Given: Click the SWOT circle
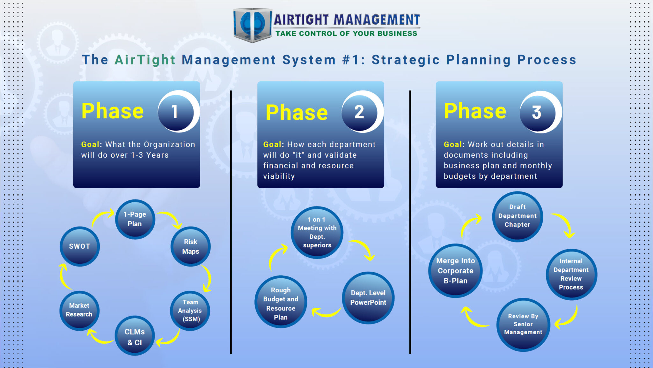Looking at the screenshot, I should point(80,246).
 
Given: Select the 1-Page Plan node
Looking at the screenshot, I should point(135,219).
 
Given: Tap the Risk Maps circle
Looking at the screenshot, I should point(190,246).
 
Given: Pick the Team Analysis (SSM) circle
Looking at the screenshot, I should point(190,311).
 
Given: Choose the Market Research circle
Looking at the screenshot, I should point(79,310).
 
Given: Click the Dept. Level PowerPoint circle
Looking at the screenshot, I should point(368,298).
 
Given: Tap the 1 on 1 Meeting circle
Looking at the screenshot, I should point(317,233).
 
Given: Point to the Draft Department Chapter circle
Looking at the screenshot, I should point(517,216).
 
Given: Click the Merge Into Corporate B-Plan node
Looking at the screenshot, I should point(455,271).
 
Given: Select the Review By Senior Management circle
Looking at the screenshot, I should point(523,325).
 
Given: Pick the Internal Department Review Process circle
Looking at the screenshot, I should point(571,274).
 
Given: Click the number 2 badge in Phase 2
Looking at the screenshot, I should point(360,112).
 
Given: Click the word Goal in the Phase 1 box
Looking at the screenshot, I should point(90,145).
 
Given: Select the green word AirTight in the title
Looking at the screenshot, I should point(145,60).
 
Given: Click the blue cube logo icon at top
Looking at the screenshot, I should point(252,25).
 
